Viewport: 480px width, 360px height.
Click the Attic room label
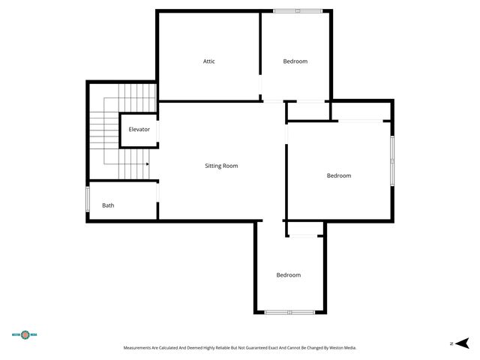click(209, 61)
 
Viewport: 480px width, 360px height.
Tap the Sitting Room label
click(221, 166)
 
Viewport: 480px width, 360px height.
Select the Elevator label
click(139, 130)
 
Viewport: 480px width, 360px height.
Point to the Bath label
click(109, 205)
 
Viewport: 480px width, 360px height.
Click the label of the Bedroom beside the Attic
click(295, 61)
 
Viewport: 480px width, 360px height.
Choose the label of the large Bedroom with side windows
click(338, 175)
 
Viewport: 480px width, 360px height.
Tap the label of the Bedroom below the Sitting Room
click(288, 275)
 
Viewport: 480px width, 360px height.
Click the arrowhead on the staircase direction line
click(147, 163)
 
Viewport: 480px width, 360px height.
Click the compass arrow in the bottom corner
click(463, 343)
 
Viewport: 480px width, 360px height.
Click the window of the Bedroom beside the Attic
click(297, 10)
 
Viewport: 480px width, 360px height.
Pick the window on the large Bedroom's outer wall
click(391, 160)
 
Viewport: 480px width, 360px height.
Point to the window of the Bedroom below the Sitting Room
click(289, 312)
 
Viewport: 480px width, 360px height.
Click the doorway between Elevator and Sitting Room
click(157, 130)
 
